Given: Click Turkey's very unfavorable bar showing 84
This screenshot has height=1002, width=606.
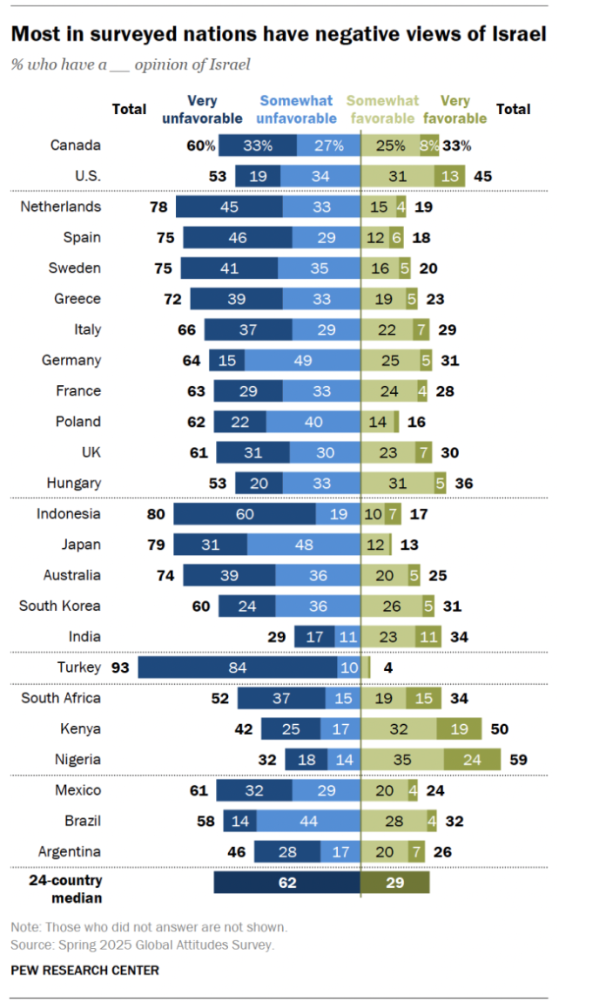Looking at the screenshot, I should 238,667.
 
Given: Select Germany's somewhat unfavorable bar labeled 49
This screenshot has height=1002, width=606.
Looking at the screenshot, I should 301,360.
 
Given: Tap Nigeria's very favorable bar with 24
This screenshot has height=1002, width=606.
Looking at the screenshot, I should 472,760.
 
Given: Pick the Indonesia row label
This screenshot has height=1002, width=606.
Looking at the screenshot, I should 68,513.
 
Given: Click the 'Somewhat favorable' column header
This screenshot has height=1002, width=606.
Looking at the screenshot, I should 383,110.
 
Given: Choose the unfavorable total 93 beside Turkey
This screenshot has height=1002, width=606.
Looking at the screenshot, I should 120,667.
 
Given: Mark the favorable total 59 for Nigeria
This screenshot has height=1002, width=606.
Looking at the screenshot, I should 517,760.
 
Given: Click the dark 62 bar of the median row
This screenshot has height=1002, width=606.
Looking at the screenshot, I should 286,883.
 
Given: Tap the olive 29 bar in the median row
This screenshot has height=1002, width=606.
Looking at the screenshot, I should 395,883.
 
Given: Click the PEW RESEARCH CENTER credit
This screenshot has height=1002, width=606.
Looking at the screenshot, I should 84,970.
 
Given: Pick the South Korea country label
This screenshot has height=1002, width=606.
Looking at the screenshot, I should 60,606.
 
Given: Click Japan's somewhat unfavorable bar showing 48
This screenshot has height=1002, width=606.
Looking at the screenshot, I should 303,545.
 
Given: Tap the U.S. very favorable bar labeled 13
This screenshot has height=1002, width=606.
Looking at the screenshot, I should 450,176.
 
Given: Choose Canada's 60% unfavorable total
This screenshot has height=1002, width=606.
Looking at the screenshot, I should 200,146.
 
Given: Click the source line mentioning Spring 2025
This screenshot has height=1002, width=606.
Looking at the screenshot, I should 142,944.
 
